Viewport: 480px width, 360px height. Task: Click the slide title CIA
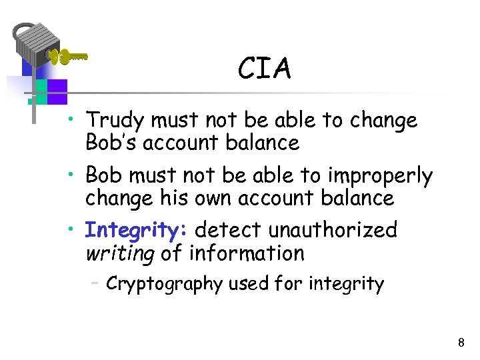265,69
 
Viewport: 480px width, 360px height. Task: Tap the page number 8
461,343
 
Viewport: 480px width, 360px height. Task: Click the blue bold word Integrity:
137,231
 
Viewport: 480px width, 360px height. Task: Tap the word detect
229,231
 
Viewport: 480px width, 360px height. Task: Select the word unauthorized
333,231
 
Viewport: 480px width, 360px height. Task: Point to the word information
247,253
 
